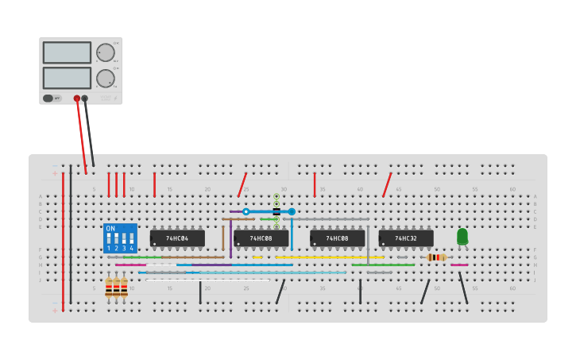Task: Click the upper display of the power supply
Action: click(x=67, y=52)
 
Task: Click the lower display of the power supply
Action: click(x=67, y=78)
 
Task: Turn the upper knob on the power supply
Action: click(x=105, y=52)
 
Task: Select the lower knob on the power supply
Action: click(x=105, y=78)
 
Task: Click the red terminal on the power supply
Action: click(x=77, y=99)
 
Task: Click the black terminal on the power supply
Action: click(x=85, y=99)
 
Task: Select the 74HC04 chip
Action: click(x=177, y=238)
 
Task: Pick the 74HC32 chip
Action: click(x=406, y=238)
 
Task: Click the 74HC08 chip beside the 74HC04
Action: click(x=261, y=238)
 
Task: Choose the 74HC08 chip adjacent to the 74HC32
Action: click(x=337, y=238)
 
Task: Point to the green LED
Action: click(x=462, y=236)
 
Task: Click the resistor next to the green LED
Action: click(x=436, y=257)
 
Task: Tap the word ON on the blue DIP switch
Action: click(x=110, y=229)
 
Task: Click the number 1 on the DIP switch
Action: click(x=108, y=249)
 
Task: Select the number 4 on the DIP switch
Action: click(x=131, y=249)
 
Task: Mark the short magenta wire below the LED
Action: click(x=459, y=265)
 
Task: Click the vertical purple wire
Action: click(x=230, y=238)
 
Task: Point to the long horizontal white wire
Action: click(x=207, y=280)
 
